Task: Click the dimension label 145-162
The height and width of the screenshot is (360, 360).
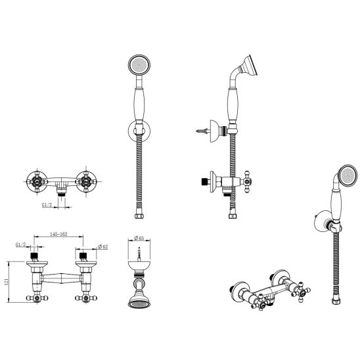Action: tap(58, 234)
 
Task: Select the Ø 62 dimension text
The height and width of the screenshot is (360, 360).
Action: tap(102, 247)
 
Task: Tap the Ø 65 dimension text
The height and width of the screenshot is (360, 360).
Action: tap(139, 238)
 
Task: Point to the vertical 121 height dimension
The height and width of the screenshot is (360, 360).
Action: tap(6, 282)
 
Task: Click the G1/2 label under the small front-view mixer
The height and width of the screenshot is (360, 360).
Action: tap(47, 205)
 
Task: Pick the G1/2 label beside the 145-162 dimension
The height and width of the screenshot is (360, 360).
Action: tap(20, 245)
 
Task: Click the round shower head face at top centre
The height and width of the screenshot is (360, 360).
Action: tap(139, 65)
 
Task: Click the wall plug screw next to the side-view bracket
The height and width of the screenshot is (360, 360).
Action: tap(202, 131)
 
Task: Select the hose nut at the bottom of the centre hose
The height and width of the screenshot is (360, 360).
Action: tap(139, 216)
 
